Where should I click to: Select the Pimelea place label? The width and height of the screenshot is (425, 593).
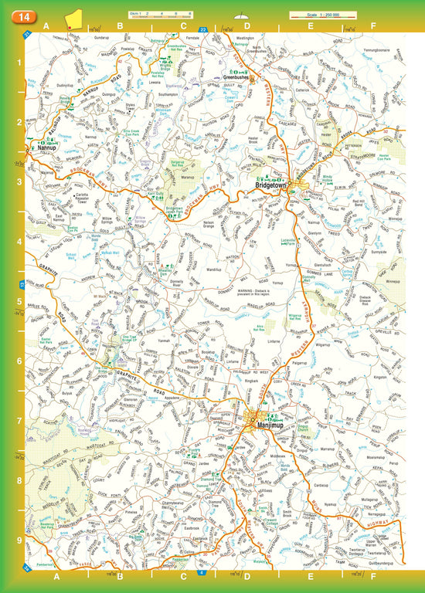click(131, 511)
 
